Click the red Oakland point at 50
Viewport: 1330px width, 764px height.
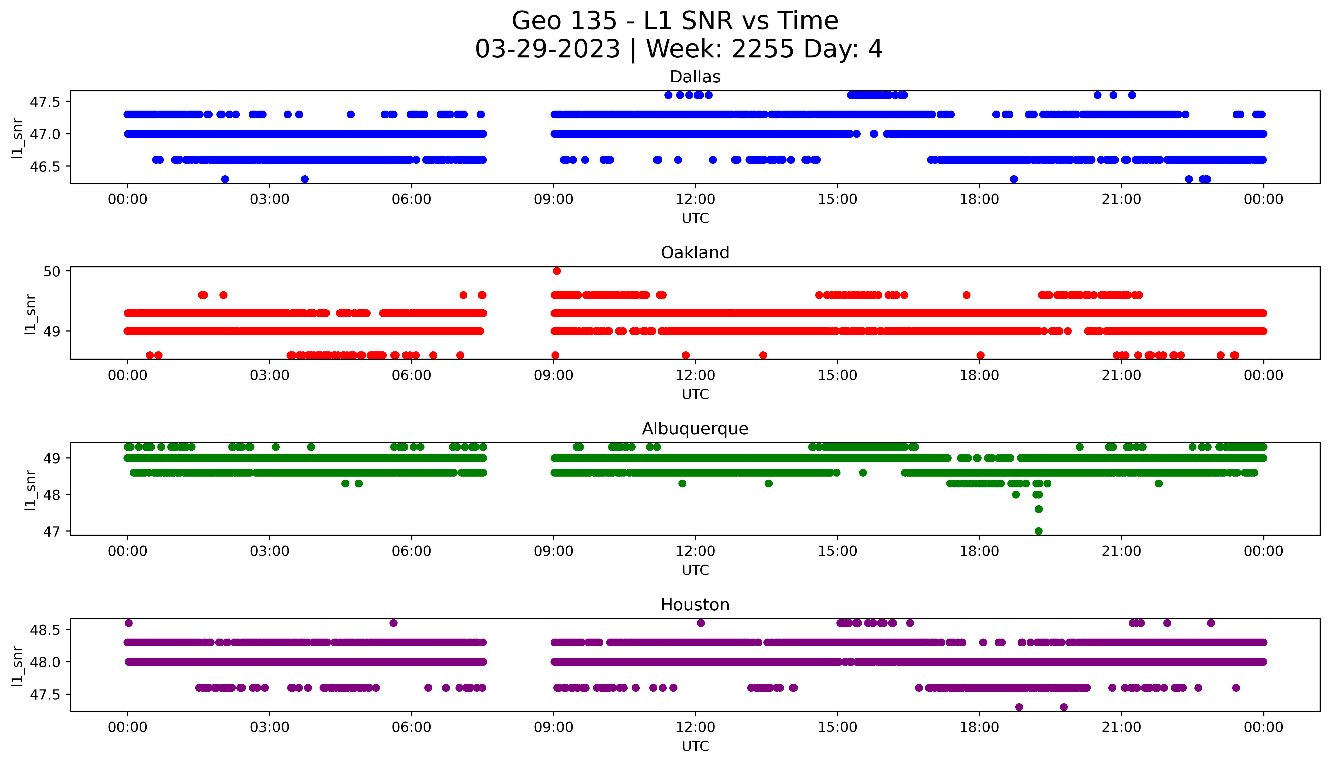click(x=557, y=271)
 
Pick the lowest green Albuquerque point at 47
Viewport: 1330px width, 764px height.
click(x=1038, y=531)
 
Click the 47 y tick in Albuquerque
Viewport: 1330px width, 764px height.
click(x=53, y=532)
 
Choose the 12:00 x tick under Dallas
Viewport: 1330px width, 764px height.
click(x=695, y=200)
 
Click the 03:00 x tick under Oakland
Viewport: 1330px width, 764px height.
click(x=270, y=375)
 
